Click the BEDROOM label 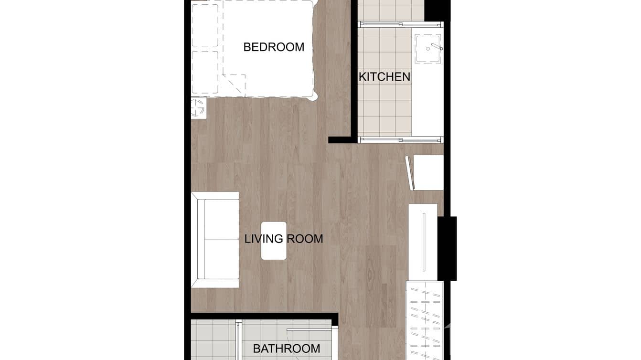pos(274,47)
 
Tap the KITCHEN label pos(385,76)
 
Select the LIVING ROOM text pos(284,238)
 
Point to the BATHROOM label pos(286,349)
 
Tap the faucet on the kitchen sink pos(437,46)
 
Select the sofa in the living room pos(215,240)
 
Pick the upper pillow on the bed pos(205,25)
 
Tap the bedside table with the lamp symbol pos(199,108)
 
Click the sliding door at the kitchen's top pos(400,23)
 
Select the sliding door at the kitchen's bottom pos(400,139)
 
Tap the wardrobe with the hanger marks pos(424,320)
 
